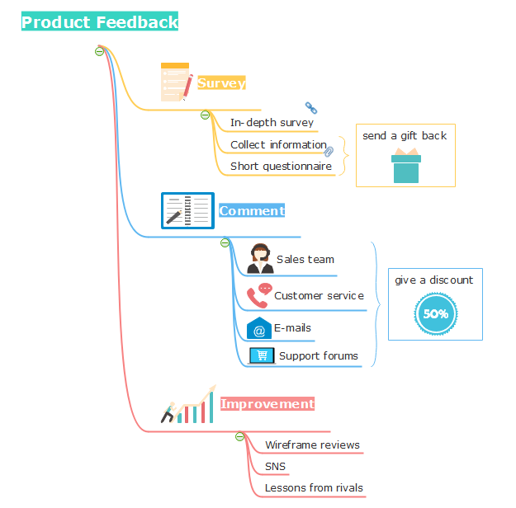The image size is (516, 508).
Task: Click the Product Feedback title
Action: click(100, 22)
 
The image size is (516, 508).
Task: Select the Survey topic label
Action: click(221, 83)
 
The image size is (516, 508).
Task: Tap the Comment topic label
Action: click(252, 211)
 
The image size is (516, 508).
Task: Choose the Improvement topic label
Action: click(267, 404)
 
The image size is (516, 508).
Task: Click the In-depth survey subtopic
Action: click(272, 123)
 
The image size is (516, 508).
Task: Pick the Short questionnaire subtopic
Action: click(281, 166)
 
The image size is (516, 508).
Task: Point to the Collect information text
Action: click(278, 144)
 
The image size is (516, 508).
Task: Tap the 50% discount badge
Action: click(436, 313)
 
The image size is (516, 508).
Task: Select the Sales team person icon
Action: click(261, 259)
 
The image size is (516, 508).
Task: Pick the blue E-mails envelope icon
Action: click(259, 328)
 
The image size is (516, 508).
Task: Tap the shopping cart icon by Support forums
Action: click(263, 355)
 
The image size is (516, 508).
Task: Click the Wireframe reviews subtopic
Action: click(312, 445)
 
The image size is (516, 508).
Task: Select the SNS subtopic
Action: click(275, 467)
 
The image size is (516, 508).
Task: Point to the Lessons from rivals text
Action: click(314, 488)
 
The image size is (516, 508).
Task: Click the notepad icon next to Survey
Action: click(176, 82)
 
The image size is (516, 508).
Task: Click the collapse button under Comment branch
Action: click(225, 242)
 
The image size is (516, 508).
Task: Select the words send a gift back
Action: click(405, 135)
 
